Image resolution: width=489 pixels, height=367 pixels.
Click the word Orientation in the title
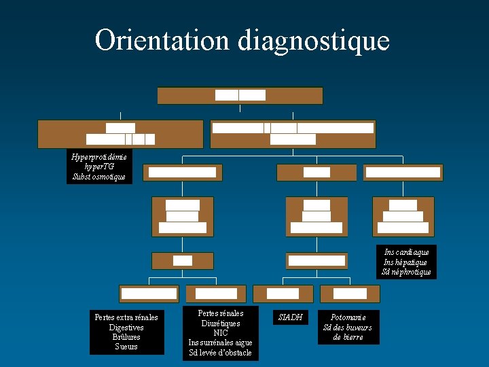(163, 41)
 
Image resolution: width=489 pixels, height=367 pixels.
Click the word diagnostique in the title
(314, 41)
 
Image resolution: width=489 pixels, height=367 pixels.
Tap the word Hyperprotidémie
(99, 156)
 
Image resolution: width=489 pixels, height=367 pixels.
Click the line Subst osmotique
(99, 177)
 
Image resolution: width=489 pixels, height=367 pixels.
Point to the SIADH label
(291, 317)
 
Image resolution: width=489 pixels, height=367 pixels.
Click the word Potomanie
(348, 317)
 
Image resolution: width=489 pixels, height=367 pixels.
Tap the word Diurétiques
(220, 324)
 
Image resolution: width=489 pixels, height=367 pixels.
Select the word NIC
(220, 333)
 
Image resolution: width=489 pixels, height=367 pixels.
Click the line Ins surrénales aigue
(220, 343)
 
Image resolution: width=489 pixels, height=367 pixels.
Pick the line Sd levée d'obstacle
(220, 353)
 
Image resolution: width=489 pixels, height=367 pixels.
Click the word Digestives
(126, 328)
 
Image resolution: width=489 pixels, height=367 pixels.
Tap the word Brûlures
(126, 337)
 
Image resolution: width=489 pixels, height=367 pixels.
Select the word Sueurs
(126, 347)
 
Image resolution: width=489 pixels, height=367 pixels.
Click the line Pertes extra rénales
(126, 317)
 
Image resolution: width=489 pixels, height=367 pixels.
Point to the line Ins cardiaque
(406, 251)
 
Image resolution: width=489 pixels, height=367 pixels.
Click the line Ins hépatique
(406, 262)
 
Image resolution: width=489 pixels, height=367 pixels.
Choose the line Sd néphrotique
(406, 272)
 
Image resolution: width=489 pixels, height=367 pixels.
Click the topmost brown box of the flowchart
(240, 95)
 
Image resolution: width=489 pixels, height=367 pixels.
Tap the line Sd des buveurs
(348, 328)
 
